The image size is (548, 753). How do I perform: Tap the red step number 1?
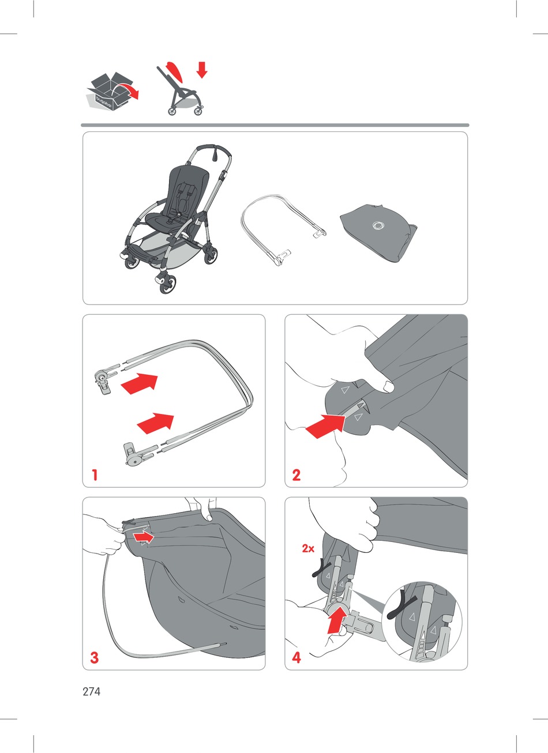[x=95, y=475]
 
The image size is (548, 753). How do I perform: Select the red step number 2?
[x=296, y=475]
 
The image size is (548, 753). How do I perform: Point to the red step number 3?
[x=95, y=657]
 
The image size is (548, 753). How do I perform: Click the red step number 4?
[x=296, y=657]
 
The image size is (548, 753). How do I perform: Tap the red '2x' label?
[x=308, y=549]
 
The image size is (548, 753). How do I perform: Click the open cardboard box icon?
[x=111, y=92]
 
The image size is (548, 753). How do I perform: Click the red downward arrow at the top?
[x=202, y=70]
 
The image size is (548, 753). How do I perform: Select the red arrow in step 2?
[x=325, y=426]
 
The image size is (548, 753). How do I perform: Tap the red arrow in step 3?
[x=144, y=537]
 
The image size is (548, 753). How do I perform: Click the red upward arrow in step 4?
[x=337, y=620]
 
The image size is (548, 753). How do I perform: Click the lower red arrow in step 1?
[x=156, y=423]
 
